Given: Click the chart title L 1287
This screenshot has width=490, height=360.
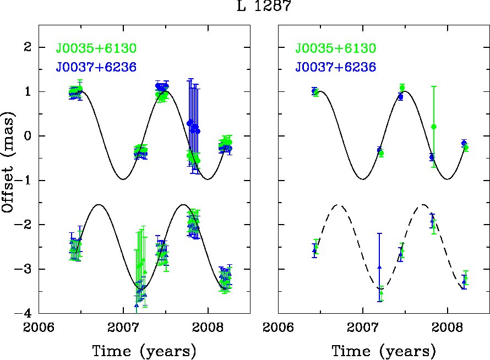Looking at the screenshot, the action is click(x=264, y=6).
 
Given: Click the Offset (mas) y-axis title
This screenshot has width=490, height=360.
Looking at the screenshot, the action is click(x=8, y=162).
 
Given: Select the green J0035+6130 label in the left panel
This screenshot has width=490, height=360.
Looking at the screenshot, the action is click(x=96, y=48).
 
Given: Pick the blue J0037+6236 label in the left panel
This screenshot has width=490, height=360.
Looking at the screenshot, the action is click(x=96, y=67).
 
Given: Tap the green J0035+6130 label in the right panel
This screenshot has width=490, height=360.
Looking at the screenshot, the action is click(x=336, y=48).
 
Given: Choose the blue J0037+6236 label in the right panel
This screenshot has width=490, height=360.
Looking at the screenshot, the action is click(x=336, y=67).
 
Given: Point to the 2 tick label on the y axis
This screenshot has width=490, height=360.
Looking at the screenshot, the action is click(x=28, y=47).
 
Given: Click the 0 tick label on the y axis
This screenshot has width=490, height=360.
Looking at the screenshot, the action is click(x=28, y=136).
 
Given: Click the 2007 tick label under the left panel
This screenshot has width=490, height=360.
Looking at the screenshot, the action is click(x=123, y=328).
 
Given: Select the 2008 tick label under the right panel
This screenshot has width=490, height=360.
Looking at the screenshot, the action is click(x=447, y=328).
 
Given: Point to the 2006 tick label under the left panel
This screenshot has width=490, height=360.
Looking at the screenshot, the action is click(x=39, y=328).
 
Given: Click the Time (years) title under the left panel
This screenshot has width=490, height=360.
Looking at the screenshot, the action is click(x=144, y=351).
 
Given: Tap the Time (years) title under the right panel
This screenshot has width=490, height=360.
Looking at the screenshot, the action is click(x=384, y=351).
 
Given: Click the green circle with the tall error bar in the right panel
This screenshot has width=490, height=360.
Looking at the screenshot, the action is click(x=434, y=127).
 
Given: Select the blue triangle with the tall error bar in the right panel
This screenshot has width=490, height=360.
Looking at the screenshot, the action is click(x=380, y=267).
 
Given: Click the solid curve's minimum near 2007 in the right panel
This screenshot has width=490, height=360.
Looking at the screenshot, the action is click(x=363, y=179).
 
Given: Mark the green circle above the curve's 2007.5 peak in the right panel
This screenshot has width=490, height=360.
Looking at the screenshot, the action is click(x=402, y=88).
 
